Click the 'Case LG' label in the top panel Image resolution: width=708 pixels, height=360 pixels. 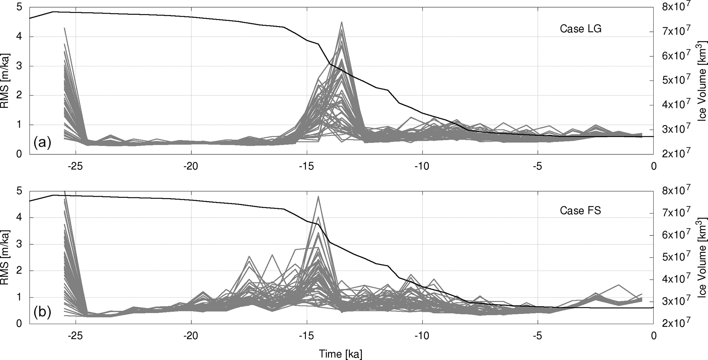coord(580,29)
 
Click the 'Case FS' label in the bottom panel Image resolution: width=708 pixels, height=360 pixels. coord(580,210)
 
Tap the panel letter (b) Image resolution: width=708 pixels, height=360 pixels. coord(42,312)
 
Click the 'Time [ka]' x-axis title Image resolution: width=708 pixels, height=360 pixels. coord(340,354)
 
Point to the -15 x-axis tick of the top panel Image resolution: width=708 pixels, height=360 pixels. coord(306,166)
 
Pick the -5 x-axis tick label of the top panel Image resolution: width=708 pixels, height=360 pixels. coord(538,166)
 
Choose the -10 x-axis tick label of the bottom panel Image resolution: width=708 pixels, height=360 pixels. coord(422,336)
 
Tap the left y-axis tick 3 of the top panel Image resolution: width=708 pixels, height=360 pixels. coord(19,66)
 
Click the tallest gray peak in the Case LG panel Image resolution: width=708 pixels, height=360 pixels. coord(342,22)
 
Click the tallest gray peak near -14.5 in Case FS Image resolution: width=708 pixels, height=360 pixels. coord(318,196)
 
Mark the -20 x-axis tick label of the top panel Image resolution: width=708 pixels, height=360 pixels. coord(191,166)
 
